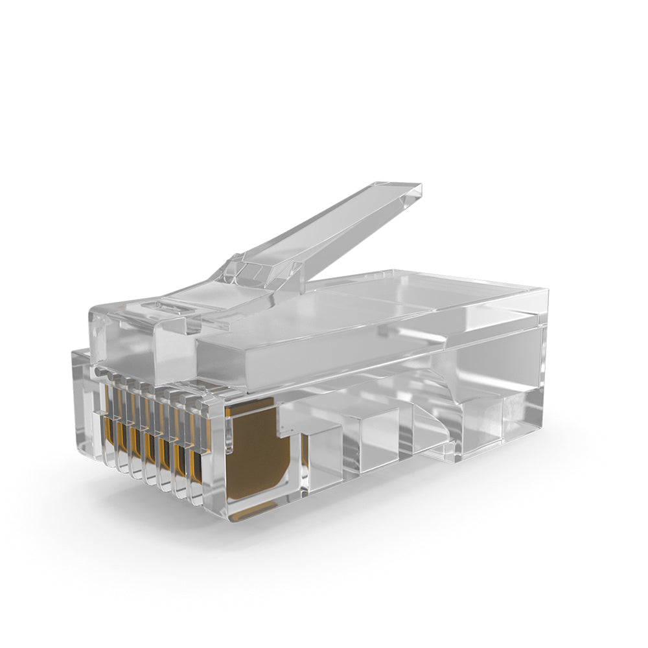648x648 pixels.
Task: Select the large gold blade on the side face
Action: pos(256,447)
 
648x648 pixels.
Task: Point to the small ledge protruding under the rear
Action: pos(447,454)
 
